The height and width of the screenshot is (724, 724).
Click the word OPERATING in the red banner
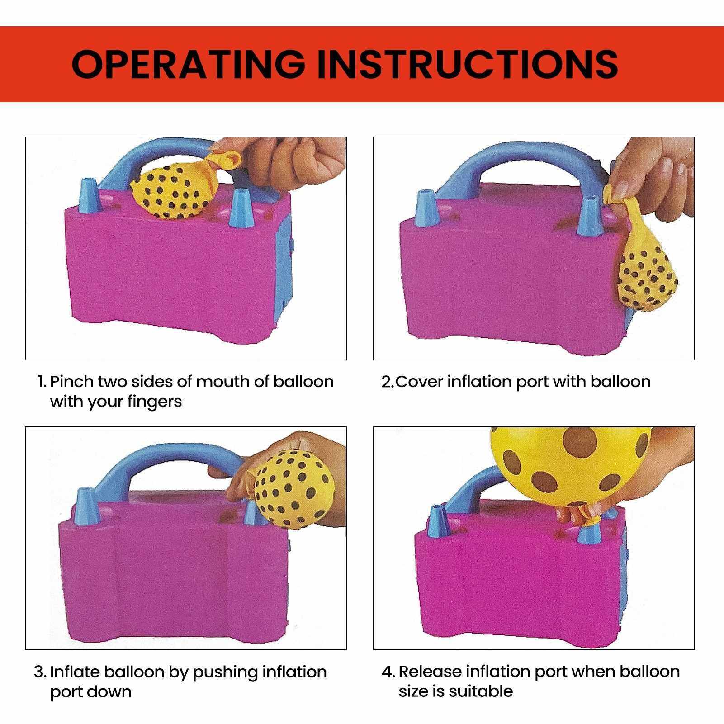[189, 64]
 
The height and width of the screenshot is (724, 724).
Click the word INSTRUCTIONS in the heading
[467, 64]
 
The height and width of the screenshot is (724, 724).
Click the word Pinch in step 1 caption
[71, 382]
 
